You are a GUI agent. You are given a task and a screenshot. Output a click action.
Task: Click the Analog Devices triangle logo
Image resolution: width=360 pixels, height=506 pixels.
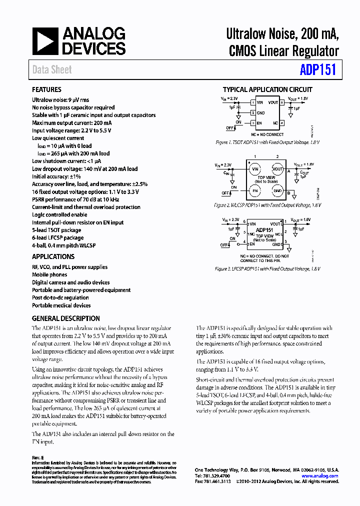click(x=45, y=41)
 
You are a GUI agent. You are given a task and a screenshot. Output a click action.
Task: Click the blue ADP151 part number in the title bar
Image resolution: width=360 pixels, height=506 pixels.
click(x=317, y=70)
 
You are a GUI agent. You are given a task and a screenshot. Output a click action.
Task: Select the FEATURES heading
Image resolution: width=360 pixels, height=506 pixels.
click(x=46, y=89)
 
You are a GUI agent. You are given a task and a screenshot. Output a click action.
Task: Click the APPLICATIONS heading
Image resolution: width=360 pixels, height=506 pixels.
click(x=53, y=256)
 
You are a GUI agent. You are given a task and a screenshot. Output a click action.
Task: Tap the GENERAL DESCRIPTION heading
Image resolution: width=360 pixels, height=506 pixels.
click(x=65, y=318)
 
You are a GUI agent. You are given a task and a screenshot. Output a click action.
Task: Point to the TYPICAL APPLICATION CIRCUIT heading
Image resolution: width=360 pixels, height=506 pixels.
click(x=267, y=89)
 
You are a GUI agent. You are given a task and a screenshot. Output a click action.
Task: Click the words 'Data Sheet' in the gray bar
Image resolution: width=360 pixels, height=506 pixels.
click(x=52, y=70)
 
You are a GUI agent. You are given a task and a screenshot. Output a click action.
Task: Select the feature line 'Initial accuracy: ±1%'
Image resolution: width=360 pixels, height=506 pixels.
click(x=56, y=176)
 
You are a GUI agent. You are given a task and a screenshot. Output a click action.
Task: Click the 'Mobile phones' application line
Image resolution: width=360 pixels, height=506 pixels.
click(x=49, y=274)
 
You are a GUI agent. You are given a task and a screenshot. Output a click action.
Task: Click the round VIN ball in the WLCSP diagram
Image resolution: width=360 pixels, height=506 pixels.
click(x=254, y=169)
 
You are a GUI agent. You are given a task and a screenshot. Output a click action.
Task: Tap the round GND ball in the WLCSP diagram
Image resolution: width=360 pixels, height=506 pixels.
click(x=277, y=191)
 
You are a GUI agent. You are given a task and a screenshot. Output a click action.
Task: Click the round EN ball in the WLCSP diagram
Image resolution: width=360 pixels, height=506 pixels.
click(x=254, y=191)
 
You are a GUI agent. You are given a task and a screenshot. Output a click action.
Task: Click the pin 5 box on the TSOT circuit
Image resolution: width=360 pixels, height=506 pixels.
click(x=282, y=102)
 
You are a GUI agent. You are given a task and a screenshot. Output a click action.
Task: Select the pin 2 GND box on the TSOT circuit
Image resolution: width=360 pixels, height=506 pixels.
click(x=253, y=112)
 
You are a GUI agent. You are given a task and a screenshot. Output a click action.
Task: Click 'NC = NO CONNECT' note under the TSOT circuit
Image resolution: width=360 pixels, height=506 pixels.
click(x=267, y=134)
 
